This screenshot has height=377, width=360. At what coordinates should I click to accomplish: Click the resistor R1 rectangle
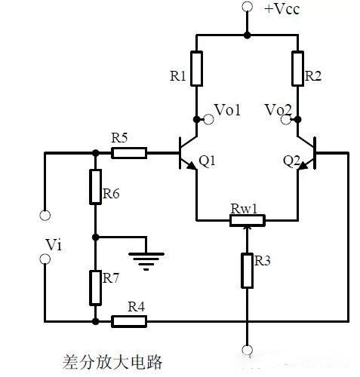(x=196, y=69)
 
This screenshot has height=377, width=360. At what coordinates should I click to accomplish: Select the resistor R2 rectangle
(x=297, y=69)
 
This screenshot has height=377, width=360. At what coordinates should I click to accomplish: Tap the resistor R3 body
(x=248, y=271)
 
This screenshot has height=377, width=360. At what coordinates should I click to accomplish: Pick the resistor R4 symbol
(x=129, y=321)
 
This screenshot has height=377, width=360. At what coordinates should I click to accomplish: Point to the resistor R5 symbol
(x=129, y=153)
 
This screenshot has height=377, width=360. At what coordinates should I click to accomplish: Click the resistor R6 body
(x=96, y=187)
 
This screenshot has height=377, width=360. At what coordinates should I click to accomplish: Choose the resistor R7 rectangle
(x=96, y=288)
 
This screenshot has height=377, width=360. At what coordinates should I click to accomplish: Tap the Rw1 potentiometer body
(x=248, y=220)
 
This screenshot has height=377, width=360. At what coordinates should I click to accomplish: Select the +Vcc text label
(x=282, y=9)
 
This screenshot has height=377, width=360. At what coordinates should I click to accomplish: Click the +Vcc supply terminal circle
(x=248, y=7)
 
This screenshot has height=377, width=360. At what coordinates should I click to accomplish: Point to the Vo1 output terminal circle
(x=208, y=119)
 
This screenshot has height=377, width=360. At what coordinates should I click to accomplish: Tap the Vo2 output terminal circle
(x=286, y=119)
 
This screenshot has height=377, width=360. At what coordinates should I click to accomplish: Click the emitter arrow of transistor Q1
(x=192, y=166)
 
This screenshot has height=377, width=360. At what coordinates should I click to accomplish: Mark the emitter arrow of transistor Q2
(x=303, y=166)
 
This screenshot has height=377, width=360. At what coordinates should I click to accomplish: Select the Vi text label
(x=54, y=244)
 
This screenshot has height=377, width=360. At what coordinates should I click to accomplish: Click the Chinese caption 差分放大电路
(x=112, y=362)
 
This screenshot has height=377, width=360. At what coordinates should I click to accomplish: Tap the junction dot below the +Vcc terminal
(x=248, y=35)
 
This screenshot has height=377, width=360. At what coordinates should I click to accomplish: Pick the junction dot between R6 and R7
(x=96, y=237)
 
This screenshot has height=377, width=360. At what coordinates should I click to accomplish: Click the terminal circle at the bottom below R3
(x=248, y=350)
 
